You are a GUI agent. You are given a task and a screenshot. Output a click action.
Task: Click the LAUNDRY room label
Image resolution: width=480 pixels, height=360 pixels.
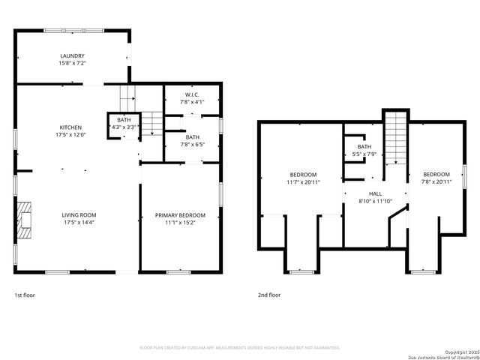[72, 55]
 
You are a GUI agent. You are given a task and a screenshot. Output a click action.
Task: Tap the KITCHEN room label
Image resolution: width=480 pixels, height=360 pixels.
[71, 127]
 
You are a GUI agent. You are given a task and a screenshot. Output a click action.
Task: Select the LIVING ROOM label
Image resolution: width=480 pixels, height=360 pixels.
[78, 214]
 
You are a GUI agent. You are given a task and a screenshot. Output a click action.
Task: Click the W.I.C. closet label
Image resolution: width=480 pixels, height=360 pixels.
[193, 94]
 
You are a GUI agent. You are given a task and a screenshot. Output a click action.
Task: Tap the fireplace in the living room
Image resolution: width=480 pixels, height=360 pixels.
[25, 219]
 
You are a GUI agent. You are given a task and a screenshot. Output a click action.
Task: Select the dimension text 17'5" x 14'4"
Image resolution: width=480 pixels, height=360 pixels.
[78, 223]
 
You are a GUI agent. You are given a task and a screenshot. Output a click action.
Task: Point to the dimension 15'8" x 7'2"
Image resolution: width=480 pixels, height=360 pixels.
[72, 64]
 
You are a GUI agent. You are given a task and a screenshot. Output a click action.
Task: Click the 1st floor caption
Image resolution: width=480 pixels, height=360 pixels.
[25, 295]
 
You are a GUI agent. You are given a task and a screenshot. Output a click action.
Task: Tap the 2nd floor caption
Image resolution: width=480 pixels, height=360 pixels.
[269, 295]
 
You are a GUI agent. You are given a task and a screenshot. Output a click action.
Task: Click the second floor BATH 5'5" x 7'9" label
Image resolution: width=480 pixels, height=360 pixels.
[364, 150]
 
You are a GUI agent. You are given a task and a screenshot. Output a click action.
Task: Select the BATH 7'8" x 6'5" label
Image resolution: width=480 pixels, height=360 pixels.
[193, 140]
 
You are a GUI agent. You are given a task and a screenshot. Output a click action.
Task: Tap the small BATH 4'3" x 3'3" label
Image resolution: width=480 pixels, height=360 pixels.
[122, 123]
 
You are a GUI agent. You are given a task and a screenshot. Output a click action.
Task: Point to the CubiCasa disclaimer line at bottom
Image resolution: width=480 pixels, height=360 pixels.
[240, 348]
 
